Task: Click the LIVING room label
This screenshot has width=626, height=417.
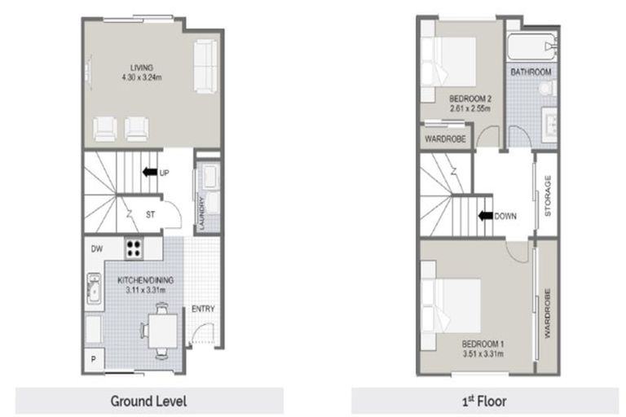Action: point(143,67)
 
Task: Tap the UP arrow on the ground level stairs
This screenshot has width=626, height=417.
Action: point(149,173)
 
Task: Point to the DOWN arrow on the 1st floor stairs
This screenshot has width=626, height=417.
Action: point(487,216)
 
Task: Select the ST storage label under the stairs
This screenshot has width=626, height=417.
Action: point(150,215)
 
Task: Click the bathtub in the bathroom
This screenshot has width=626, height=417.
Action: point(531,46)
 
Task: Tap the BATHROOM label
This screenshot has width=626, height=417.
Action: point(531,72)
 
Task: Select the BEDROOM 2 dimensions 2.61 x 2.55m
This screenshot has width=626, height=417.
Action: point(468,108)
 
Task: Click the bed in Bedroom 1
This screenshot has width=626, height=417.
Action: point(453,301)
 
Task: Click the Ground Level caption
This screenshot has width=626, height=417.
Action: point(149,401)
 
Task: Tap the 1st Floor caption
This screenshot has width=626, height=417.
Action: point(481,401)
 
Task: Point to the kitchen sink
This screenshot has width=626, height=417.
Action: point(92,290)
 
